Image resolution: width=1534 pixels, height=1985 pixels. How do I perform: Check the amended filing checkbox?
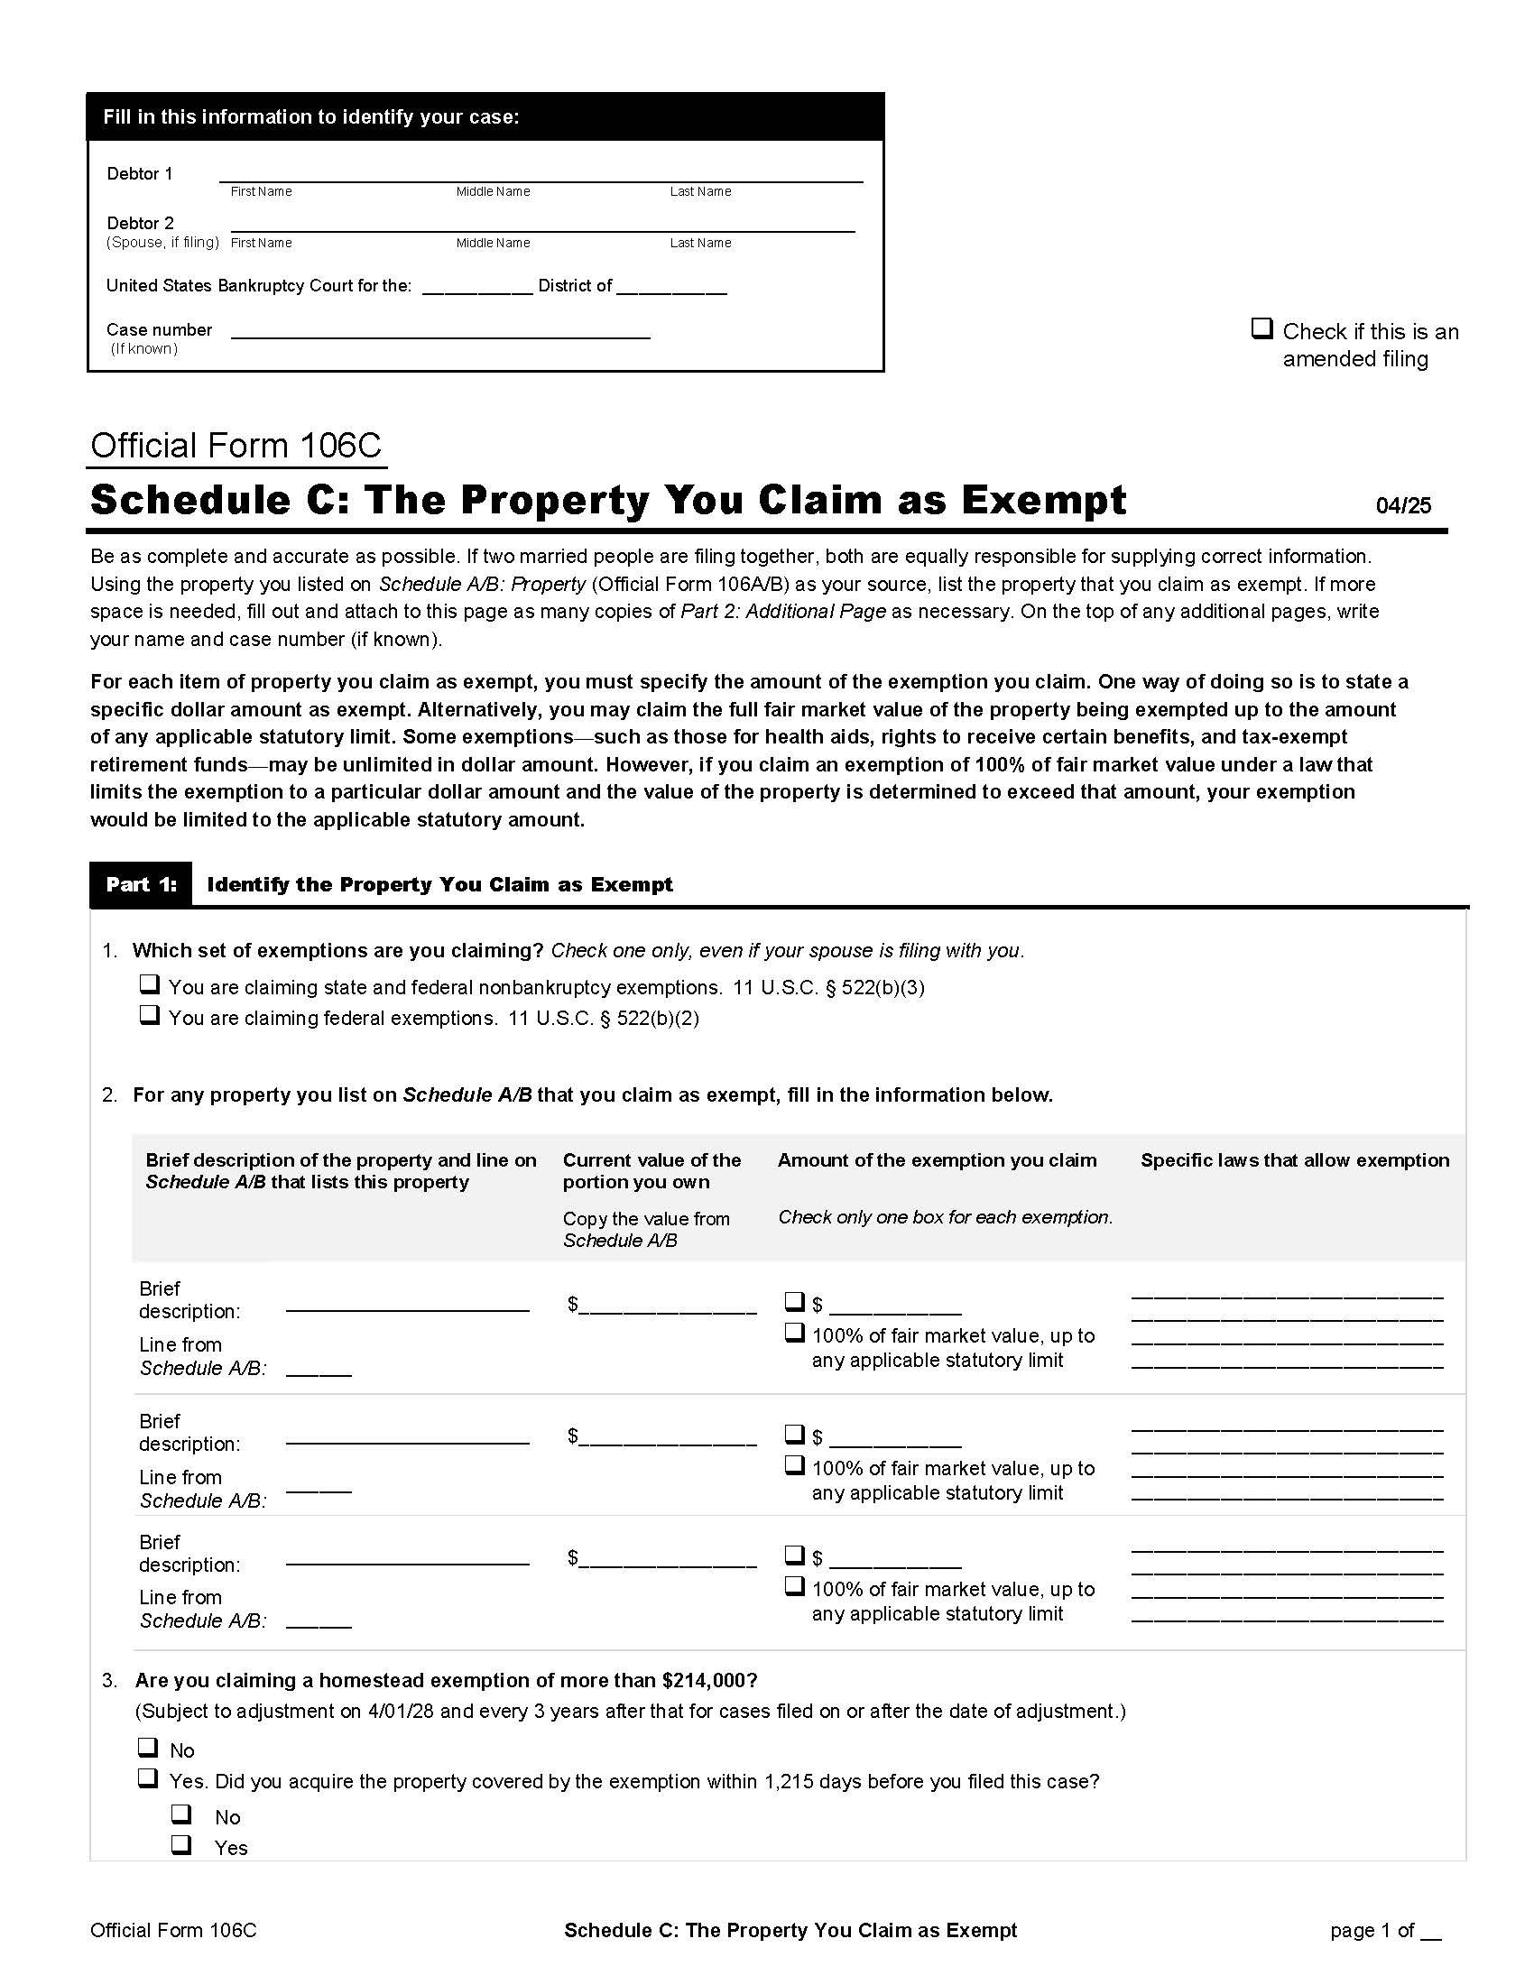[x=1261, y=328]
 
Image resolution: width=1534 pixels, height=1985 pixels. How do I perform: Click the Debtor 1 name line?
[x=540, y=174]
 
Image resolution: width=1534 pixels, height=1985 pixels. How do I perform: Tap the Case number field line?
[x=439, y=331]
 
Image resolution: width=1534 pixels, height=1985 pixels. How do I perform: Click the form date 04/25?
[x=1403, y=506]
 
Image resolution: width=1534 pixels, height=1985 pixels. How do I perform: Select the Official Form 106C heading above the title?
[x=236, y=446]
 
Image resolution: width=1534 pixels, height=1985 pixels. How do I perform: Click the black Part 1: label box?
[x=141, y=884]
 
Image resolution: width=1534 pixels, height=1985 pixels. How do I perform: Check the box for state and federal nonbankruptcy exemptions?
[x=150, y=984]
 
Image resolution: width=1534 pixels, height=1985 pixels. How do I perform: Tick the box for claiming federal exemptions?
[x=150, y=1015]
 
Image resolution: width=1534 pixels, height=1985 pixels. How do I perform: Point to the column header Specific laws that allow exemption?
[x=1294, y=1159]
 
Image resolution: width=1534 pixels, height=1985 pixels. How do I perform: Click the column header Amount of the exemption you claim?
[x=936, y=1159]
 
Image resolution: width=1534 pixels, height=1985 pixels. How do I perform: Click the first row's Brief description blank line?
[x=407, y=1304]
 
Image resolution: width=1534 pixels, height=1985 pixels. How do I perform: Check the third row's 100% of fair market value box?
[x=795, y=1586]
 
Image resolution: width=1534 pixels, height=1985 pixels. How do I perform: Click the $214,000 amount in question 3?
[x=707, y=1680]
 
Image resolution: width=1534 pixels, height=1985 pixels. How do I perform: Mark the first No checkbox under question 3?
[x=147, y=1747]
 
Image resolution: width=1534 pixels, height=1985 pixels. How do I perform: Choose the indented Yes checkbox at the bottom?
[x=181, y=1844]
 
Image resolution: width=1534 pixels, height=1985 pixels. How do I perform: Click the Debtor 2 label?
[x=140, y=223]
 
